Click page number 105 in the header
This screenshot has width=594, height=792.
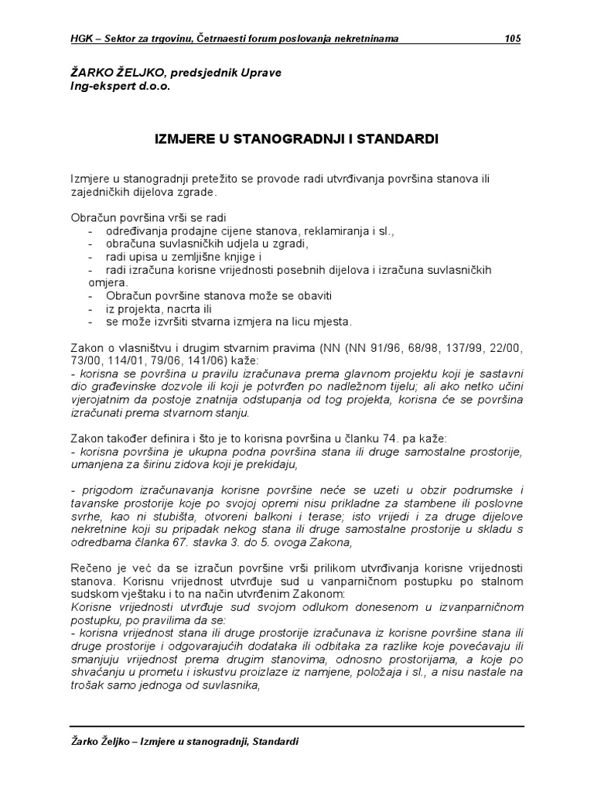click(512, 39)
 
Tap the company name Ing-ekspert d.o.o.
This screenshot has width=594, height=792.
click(119, 87)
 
